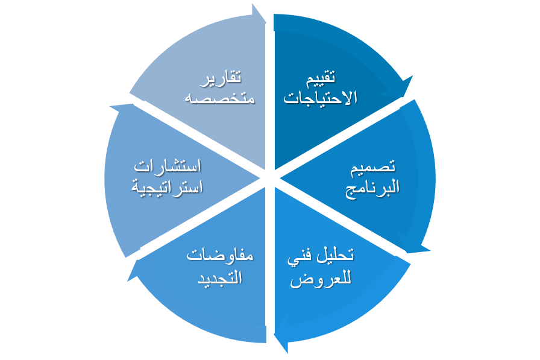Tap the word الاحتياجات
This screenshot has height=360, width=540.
pos(321,98)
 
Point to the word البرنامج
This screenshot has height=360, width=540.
pos(372,188)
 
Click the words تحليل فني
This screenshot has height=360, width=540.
pos(320,256)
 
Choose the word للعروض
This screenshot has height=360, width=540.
pos(320,279)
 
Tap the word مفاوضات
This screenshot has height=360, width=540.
pos(219,256)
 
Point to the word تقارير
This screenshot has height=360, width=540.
pos(221,77)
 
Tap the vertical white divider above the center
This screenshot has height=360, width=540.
pos(270,90)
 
